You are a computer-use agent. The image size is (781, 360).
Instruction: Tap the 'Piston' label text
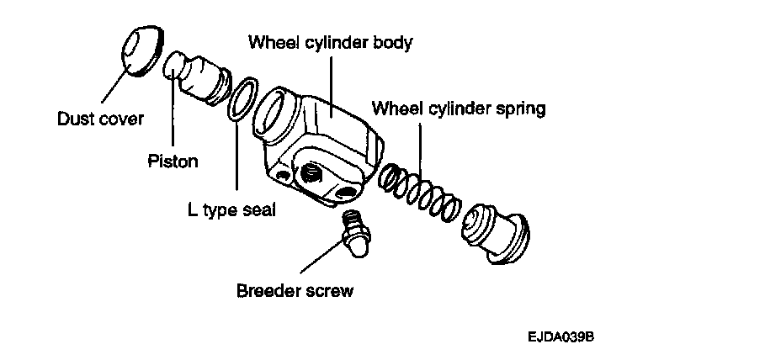[172, 161]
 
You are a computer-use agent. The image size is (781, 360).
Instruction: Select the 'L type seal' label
[231, 208]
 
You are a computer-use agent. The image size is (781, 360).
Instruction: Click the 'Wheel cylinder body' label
[330, 41]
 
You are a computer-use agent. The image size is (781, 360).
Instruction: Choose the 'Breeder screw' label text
[295, 292]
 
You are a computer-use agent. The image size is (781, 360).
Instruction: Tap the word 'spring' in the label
[522, 109]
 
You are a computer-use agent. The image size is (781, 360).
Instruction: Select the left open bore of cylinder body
[277, 110]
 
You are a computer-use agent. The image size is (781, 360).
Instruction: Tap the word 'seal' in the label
[258, 208]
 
